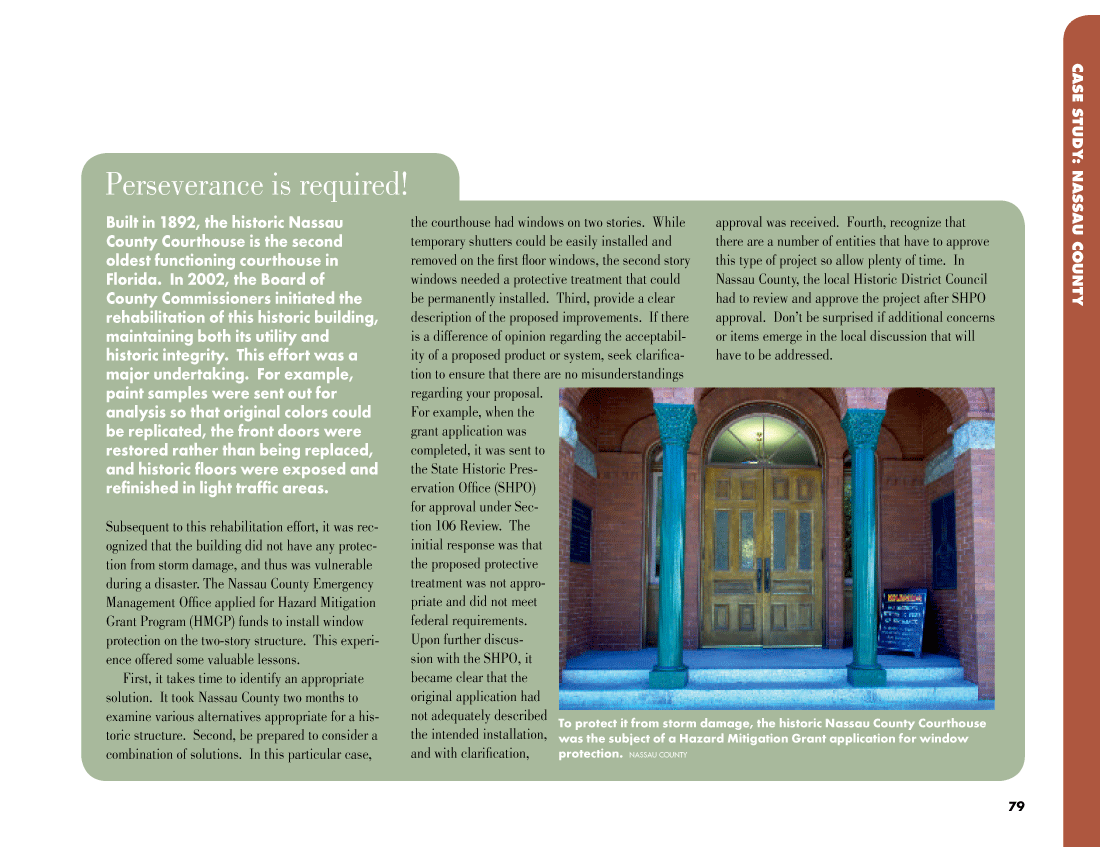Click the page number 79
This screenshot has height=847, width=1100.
1016,806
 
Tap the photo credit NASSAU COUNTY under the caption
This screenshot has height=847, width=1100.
658,755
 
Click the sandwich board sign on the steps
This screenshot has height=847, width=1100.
902,621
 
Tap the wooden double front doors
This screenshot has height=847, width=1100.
764,555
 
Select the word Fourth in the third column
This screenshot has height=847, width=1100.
866,223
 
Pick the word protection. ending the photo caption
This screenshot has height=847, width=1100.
590,754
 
